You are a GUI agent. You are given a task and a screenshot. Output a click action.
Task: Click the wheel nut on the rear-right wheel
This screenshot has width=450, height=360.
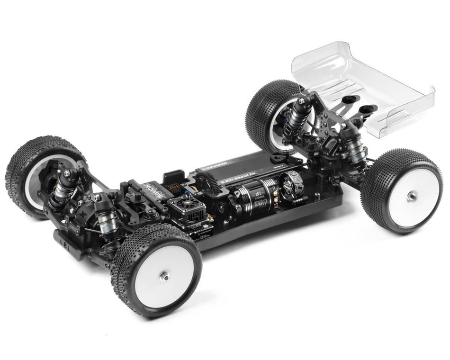point(412,195)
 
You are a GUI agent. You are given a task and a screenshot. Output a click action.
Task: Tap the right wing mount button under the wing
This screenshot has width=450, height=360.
point(368,109)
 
